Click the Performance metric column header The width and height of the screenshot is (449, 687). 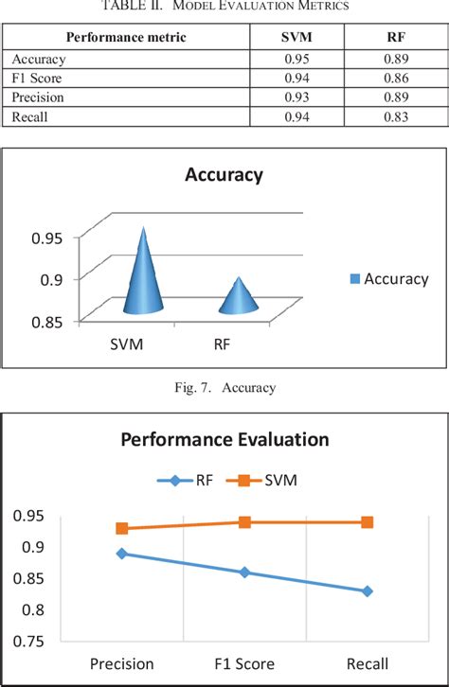pos(125,37)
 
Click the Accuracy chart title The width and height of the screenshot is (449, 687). pos(224,175)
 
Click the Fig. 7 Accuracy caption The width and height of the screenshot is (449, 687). pos(224,386)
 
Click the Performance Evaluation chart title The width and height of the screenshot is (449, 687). pos(224,439)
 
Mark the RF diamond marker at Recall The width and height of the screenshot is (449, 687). pos(367,591)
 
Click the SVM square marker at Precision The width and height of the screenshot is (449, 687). pos(122,528)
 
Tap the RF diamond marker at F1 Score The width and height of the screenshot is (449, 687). pos(244,572)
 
